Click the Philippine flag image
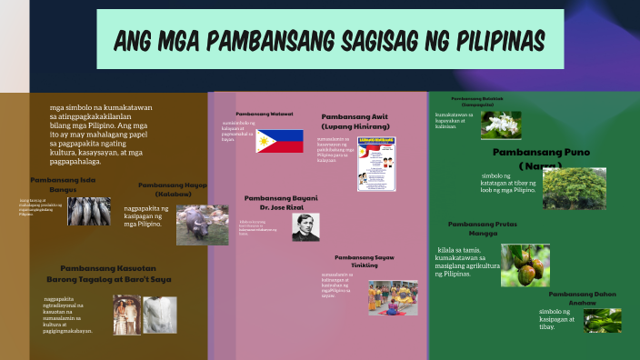pyautogui.click(x=279, y=141)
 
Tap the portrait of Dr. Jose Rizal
pyautogui.click(x=305, y=226)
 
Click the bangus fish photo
pyautogui.click(x=89, y=211)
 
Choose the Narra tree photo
pyautogui.click(x=574, y=188)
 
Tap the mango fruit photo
pyautogui.click(x=525, y=265)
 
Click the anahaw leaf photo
pyautogui.click(x=602, y=320)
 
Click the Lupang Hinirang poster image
pyautogui.click(x=376, y=164)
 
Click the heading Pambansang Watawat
pyautogui.click(x=265, y=114)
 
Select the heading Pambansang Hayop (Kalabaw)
pyautogui.click(x=173, y=189)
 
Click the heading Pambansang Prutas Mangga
pyautogui.click(x=483, y=228)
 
